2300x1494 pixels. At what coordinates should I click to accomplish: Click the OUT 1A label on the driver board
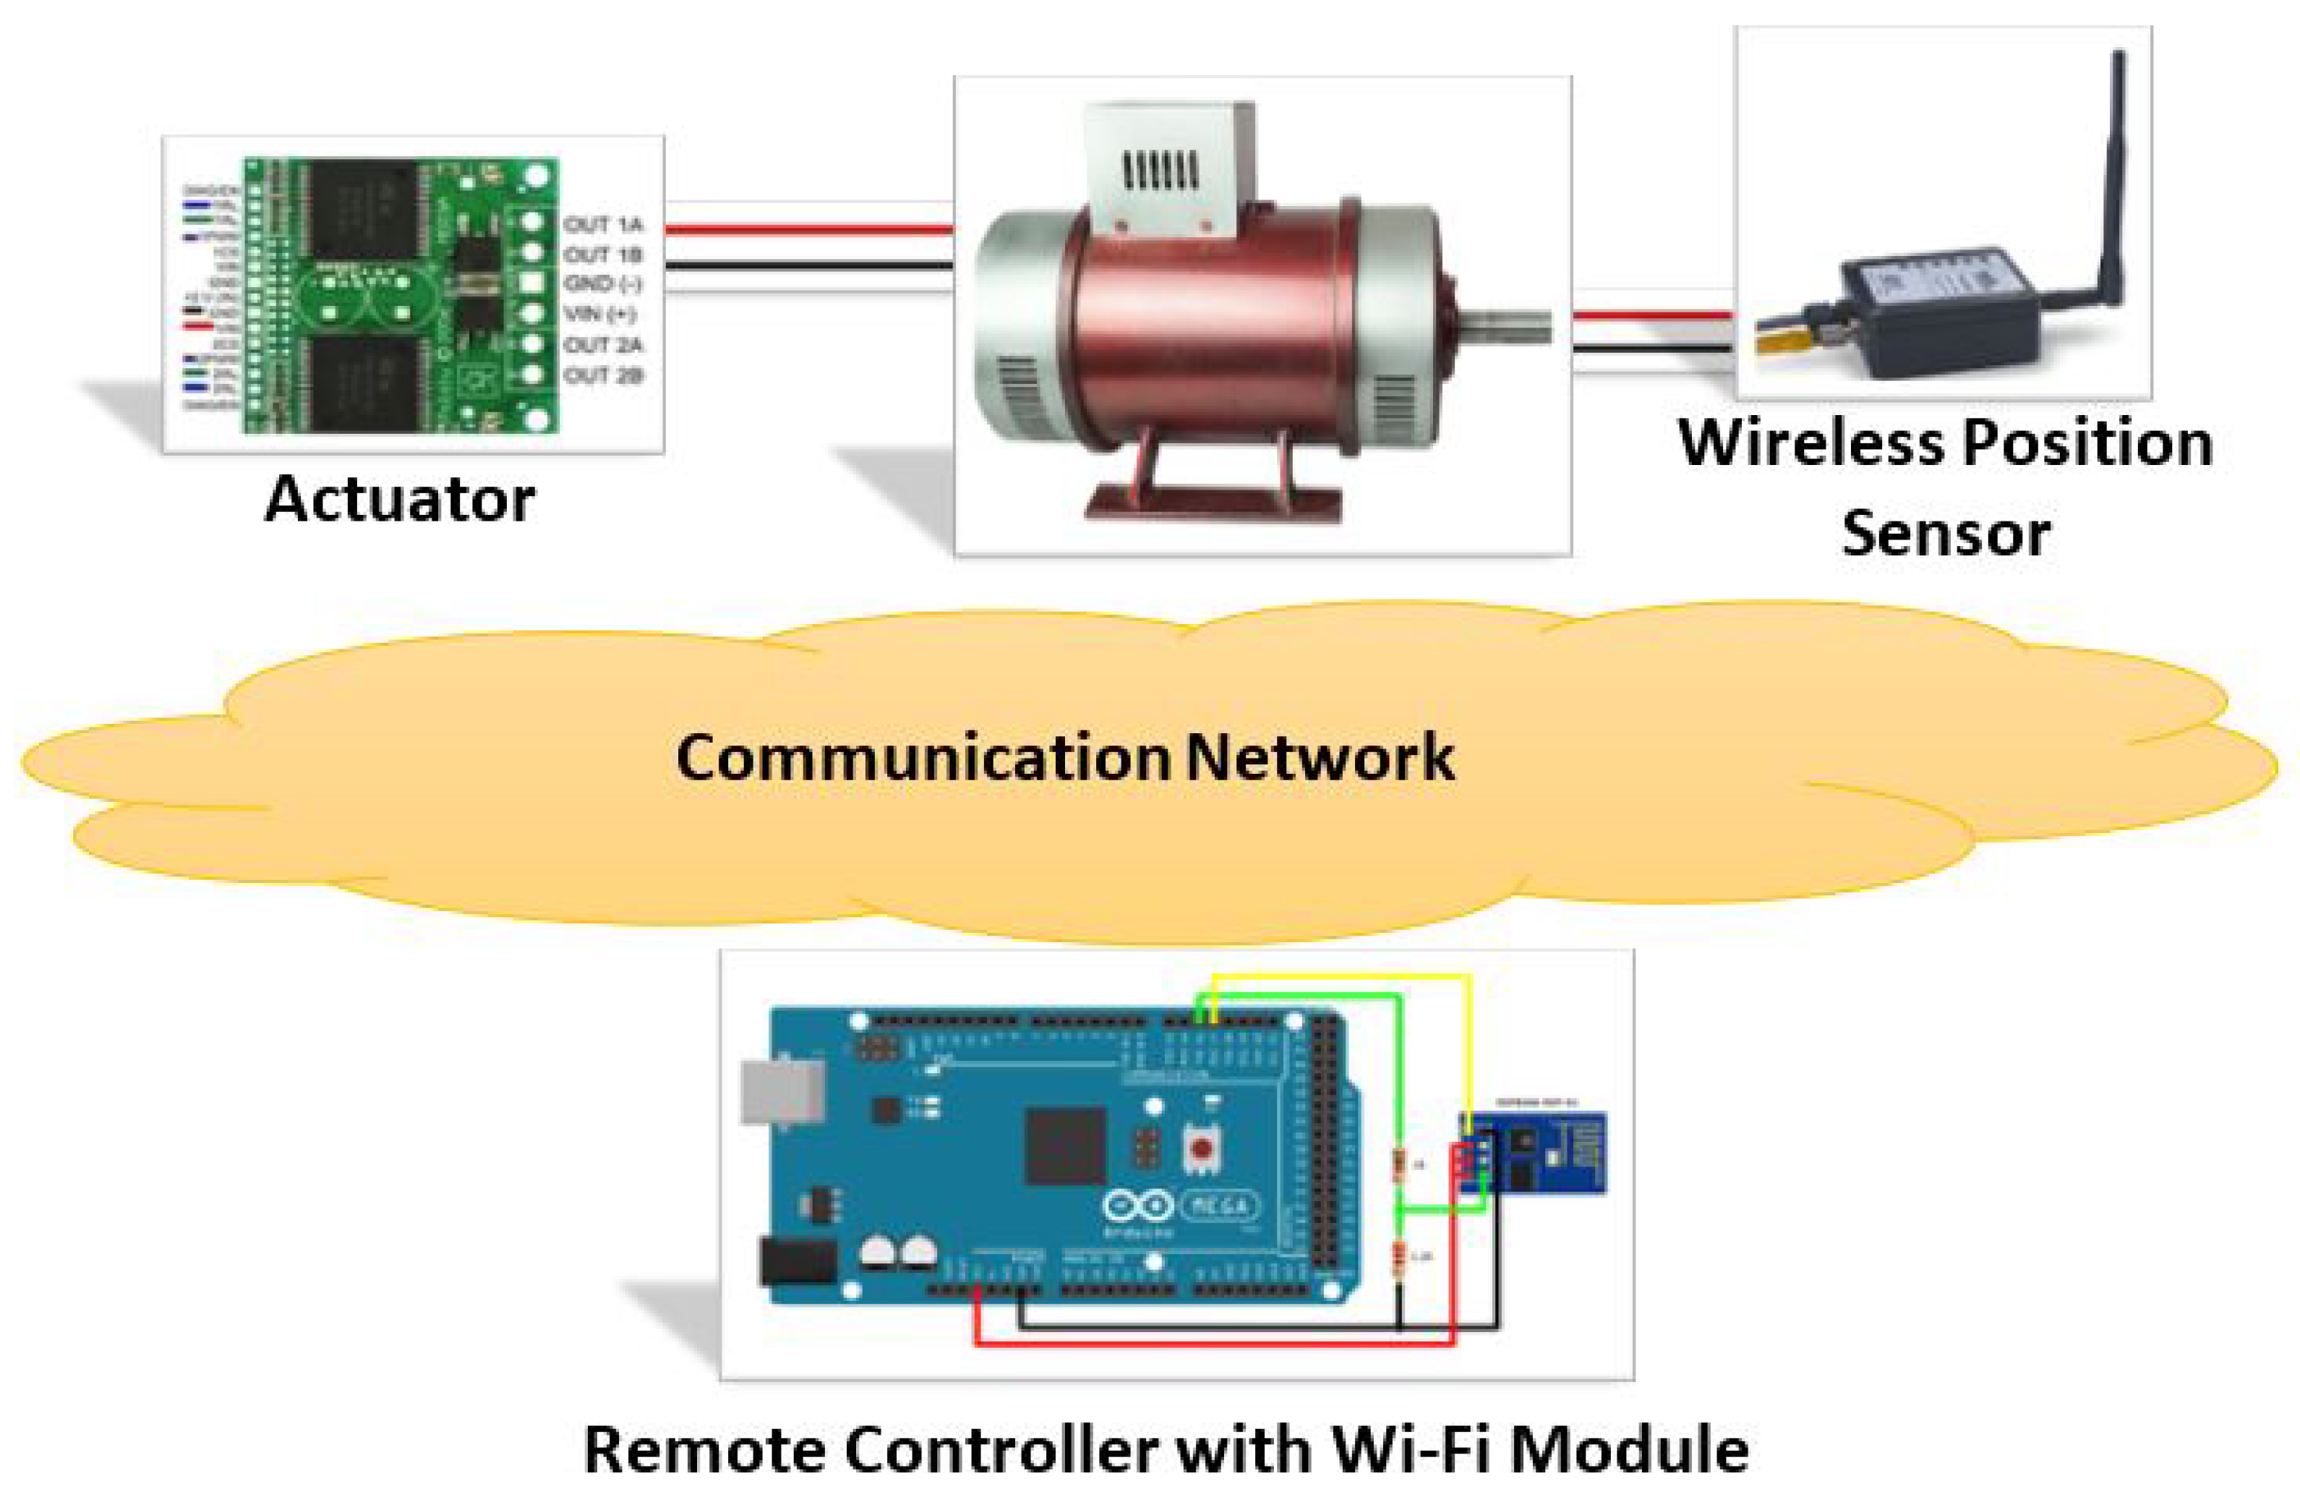pyautogui.click(x=603, y=225)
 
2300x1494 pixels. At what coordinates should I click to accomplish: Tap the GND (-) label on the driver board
pyautogui.click(x=603, y=284)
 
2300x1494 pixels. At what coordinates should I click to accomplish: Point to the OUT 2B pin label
pyautogui.click(x=603, y=375)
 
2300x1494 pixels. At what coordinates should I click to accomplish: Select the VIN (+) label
pyautogui.click(x=599, y=314)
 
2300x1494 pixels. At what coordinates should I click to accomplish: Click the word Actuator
pyautogui.click(x=399, y=500)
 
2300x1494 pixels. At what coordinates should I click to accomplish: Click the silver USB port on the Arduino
pyautogui.click(x=781, y=1094)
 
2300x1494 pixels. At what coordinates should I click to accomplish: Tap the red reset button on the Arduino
pyautogui.click(x=1201, y=1149)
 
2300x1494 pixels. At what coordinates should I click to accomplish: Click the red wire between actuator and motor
pyautogui.click(x=808, y=230)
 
